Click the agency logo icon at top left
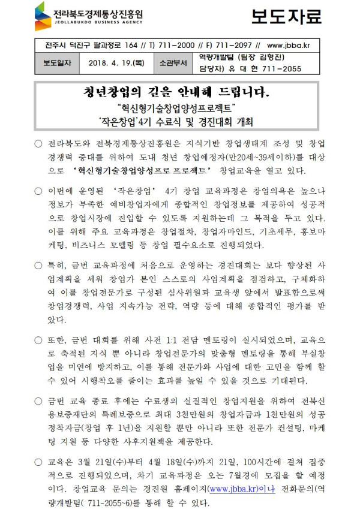(x=43, y=16)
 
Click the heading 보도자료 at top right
(x=287, y=17)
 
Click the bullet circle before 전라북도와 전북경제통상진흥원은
(x=38, y=144)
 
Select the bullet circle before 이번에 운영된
(x=38, y=191)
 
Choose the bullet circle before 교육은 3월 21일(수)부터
(x=38, y=462)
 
